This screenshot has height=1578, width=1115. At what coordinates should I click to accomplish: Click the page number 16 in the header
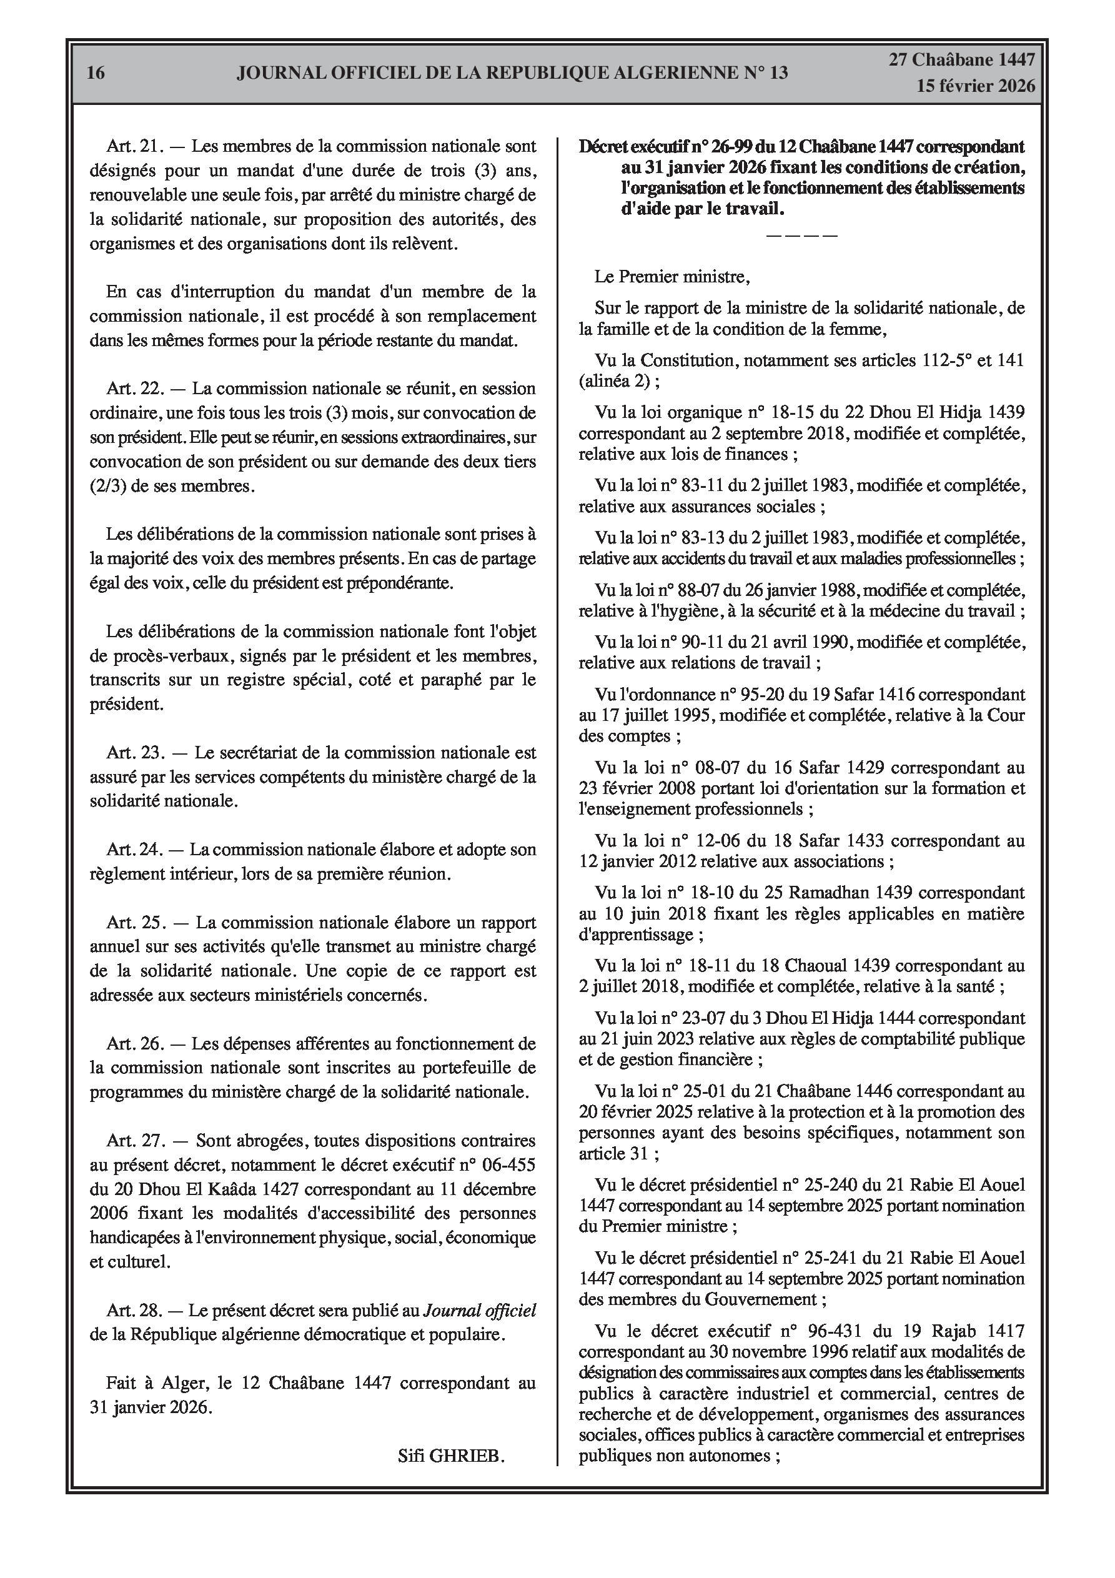pyautogui.click(x=96, y=73)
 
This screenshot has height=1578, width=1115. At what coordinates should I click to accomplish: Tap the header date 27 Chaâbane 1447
pyautogui.click(x=962, y=60)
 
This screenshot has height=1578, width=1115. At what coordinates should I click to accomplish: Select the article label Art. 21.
pyautogui.click(x=133, y=146)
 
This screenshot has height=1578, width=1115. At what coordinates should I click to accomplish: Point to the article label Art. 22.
pyautogui.click(x=133, y=389)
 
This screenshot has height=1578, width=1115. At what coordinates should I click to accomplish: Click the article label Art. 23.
pyautogui.click(x=135, y=753)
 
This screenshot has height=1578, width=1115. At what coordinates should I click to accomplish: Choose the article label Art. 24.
pyautogui.click(x=133, y=850)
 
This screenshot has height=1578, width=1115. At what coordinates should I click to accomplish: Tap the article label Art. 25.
pyautogui.click(x=135, y=922)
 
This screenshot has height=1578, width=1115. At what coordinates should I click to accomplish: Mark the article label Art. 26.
pyautogui.click(x=135, y=1043)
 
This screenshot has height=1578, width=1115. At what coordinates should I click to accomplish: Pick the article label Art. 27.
pyautogui.click(x=135, y=1141)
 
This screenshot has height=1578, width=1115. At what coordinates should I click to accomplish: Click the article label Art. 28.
pyautogui.click(x=135, y=1311)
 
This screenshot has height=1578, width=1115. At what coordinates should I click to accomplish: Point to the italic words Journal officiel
pyautogui.click(x=479, y=1311)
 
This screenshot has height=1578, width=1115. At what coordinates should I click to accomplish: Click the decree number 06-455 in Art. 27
pyautogui.click(x=507, y=1165)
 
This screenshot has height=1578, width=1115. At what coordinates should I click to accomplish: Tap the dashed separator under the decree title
pyautogui.click(x=801, y=236)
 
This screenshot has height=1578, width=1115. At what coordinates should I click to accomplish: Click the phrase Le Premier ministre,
pyautogui.click(x=672, y=277)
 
